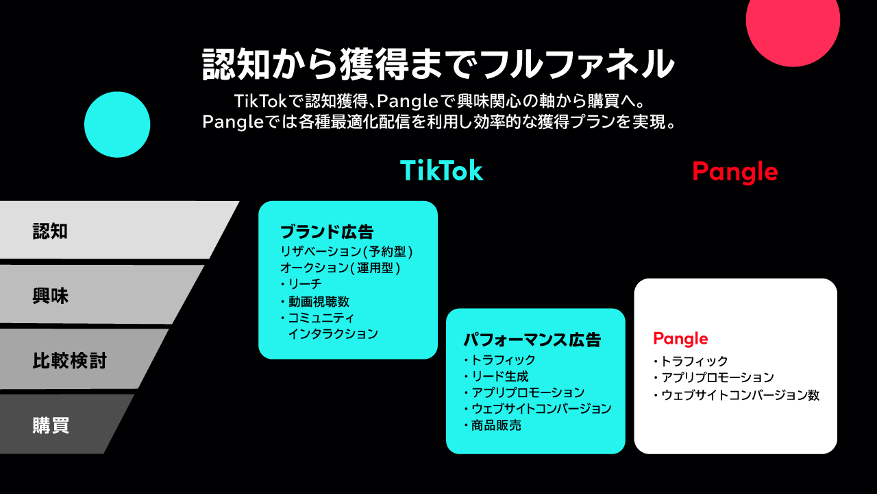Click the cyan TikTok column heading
click(442, 171)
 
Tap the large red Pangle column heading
click(735, 172)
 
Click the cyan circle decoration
click(117, 125)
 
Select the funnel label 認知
click(50, 231)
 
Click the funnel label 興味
click(50, 296)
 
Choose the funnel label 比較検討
click(69, 361)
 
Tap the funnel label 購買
click(51, 425)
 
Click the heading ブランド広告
click(327, 232)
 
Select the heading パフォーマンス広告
click(532, 340)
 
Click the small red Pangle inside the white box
click(680, 339)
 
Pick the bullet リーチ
click(305, 284)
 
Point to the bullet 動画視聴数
click(319, 301)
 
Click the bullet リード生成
click(499, 377)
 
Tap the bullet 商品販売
click(496, 426)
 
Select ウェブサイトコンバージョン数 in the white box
click(741, 395)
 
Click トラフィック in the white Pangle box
click(695, 361)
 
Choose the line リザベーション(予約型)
click(347, 252)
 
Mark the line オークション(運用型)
click(341, 268)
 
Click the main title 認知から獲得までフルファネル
click(438, 64)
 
